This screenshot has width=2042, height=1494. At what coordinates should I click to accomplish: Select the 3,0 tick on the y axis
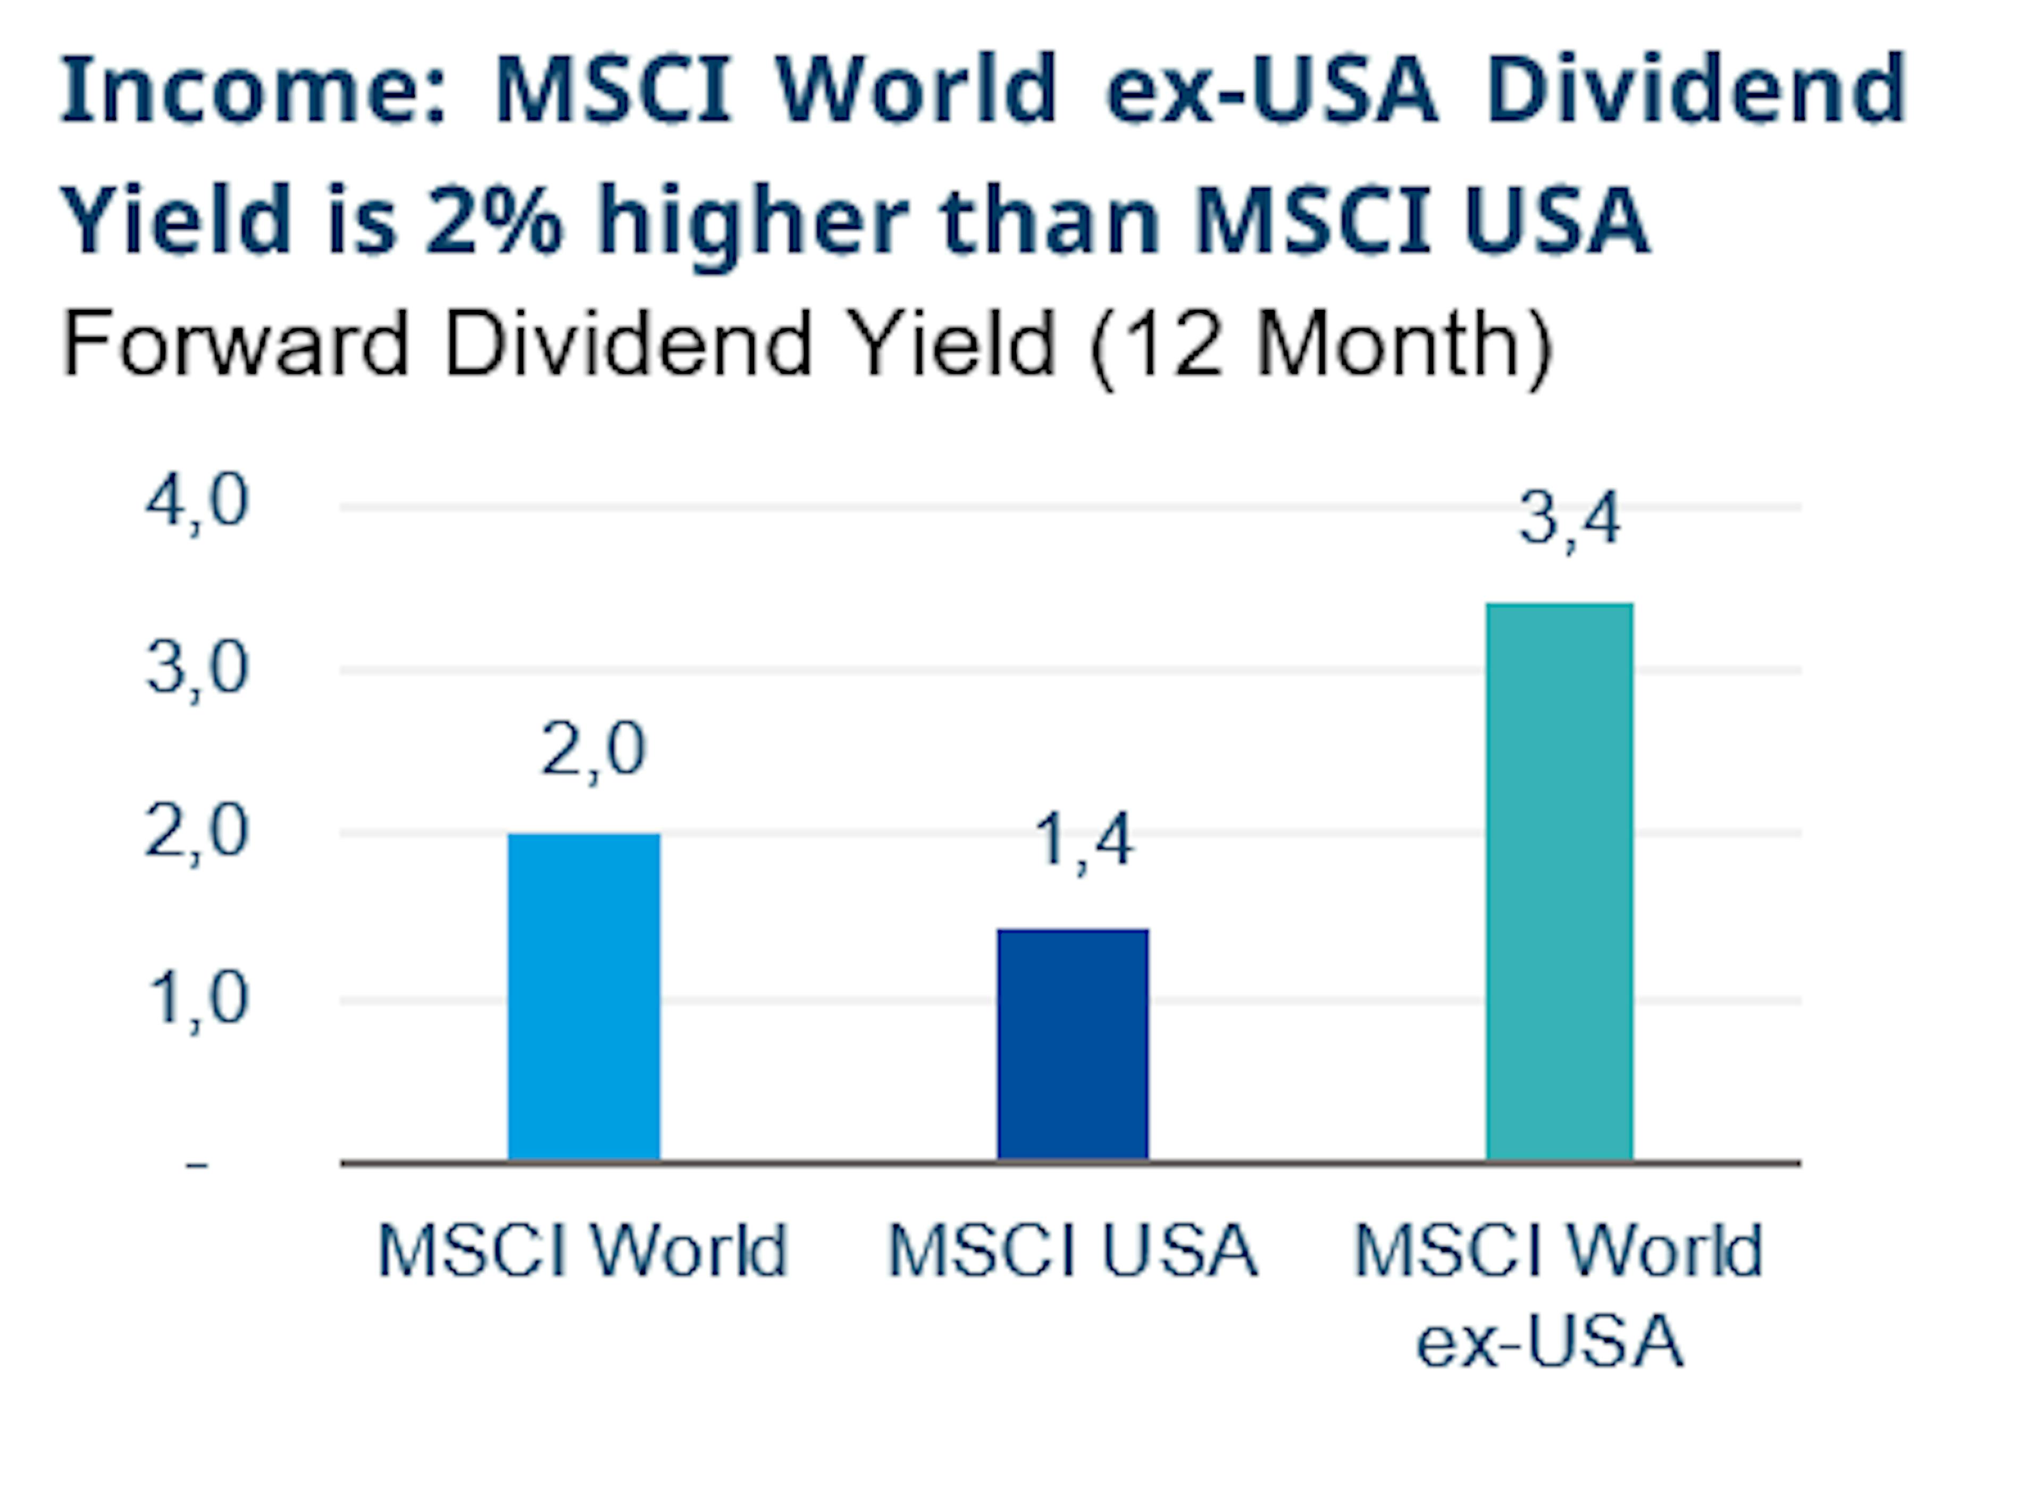pyautogui.click(x=196, y=669)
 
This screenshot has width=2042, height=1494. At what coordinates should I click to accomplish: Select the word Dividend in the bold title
pyautogui.click(x=1696, y=90)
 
